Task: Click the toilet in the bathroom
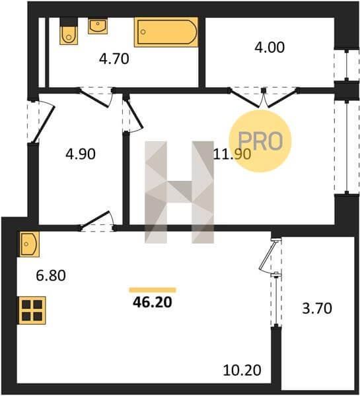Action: pyautogui.click(x=69, y=31)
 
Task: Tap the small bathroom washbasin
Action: pyautogui.click(x=98, y=26)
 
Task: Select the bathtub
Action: pyautogui.click(x=166, y=32)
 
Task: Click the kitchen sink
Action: pyautogui.click(x=28, y=244)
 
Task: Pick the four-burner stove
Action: pyautogui.click(x=31, y=310)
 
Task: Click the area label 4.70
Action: pyautogui.click(x=114, y=59)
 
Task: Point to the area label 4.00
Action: pyautogui.click(x=270, y=48)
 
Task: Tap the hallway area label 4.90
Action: pyautogui.click(x=81, y=154)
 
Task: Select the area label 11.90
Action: pyautogui.click(x=232, y=154)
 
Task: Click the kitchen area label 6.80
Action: pyautogui.click(x=51, y=275)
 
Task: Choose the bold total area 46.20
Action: pyautogui.click(x=153, y=302)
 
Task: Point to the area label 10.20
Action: pyautogui.click(x=242, y=370)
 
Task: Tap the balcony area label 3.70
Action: pyautogui.click(x=317, y=308)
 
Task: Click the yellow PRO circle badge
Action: pyautogui.click(x=260, y=141)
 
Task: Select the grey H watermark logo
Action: pyautogui.click(x=179, y=192)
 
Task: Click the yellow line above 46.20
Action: pyautogui.click(x=153, y=290)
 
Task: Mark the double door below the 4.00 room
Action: pyautogui.click(x=263, y=97)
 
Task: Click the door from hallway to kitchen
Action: pyautogui.click(x=97, y=221)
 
